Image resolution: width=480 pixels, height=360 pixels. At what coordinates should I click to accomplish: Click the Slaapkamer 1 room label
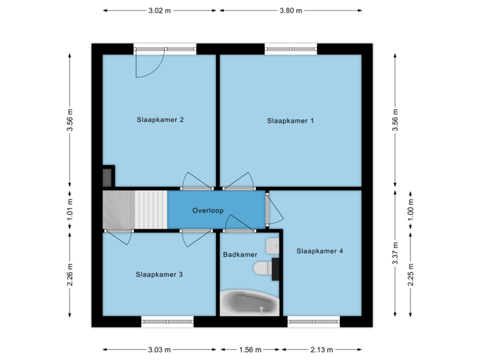click(x=290, y=121)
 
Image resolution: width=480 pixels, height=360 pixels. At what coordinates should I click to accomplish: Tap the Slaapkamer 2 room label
click(x=160, y=120)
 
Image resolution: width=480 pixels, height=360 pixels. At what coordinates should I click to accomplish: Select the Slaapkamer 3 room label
click(x=159, y=274)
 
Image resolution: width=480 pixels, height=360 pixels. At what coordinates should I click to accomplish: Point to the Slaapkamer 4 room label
click(x=320, y=251)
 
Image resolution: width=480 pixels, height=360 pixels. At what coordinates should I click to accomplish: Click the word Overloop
click(x=207, y=210)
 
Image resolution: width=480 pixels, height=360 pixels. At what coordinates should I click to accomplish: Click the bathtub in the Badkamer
click(x=249, y=303)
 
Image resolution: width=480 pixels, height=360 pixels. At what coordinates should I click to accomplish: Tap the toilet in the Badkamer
click(x=263, y=268)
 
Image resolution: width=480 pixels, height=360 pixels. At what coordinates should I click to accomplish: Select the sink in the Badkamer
click(x=272, y=246)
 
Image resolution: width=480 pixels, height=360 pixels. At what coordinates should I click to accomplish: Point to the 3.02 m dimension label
click(x=160, y=11)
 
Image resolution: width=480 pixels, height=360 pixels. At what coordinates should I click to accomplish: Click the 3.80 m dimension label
click(x=290, y=11)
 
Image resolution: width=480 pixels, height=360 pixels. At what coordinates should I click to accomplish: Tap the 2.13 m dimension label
click(x=321, y=349)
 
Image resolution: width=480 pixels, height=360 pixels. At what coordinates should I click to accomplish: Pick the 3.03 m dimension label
click(x=160, y=349)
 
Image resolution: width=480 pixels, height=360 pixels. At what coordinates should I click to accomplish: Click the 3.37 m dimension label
click(x=396, y=254)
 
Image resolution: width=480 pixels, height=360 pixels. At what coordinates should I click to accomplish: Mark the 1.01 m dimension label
click(x=69, y=210)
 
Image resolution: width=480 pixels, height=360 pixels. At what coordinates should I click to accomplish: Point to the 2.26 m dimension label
click(x=69, y=274)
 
